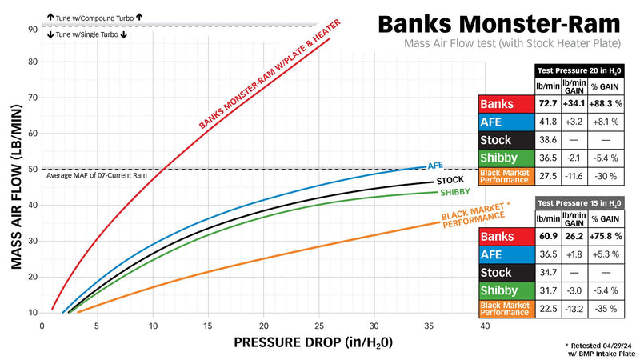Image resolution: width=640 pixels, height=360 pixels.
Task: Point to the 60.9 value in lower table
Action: pos(548,236)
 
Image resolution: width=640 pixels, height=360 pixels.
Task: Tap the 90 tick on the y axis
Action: pos(33,29)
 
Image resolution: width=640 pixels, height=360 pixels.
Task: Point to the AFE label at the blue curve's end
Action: pos(435,165)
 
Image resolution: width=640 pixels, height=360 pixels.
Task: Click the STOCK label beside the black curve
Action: pos(450,180)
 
